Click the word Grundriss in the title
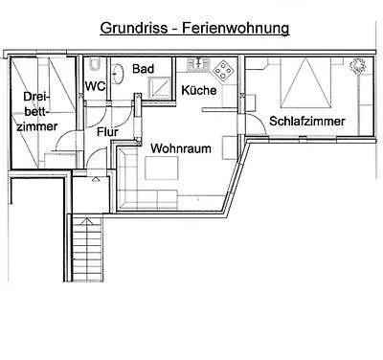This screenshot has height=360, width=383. [135, 30]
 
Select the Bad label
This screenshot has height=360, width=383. [143, 69]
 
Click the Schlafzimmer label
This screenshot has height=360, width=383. [305, 121]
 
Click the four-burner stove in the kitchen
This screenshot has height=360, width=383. [223, 70]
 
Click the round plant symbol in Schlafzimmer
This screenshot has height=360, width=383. [358, 66]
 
